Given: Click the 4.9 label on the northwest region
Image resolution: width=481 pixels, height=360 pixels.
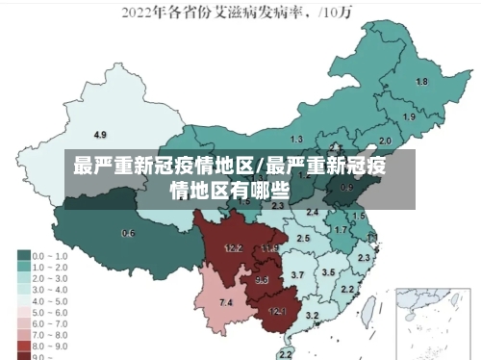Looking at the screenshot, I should click(x=100, y=134).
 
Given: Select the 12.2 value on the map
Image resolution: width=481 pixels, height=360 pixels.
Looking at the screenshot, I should click(x=234, y=248).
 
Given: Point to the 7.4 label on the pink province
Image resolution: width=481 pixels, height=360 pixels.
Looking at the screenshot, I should click(x=226, y=303).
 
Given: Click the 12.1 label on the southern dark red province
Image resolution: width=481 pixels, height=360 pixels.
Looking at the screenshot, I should click(x=277, y=311).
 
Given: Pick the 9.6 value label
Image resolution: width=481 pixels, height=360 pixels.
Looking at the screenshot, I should click(x=262, y=280).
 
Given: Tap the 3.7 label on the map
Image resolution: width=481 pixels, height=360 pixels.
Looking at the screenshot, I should click(x=297, y=276).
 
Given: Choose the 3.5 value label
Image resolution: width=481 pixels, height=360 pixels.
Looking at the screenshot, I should click(x=328, y=273).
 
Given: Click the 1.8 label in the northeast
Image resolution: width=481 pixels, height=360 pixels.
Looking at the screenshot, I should click(x=421, y=82).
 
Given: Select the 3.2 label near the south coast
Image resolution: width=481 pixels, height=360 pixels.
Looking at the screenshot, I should click(x=312, y=316).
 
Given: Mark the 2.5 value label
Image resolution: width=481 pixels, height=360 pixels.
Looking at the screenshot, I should click(x=303, y=238).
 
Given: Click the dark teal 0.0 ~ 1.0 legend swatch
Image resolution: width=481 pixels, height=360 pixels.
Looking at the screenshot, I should click(x=23, y=256).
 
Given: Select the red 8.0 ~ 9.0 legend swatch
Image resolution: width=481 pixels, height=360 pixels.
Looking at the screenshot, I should click(x=23, y=344).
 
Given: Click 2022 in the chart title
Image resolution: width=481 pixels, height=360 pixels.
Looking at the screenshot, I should click(x=139, y=14).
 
